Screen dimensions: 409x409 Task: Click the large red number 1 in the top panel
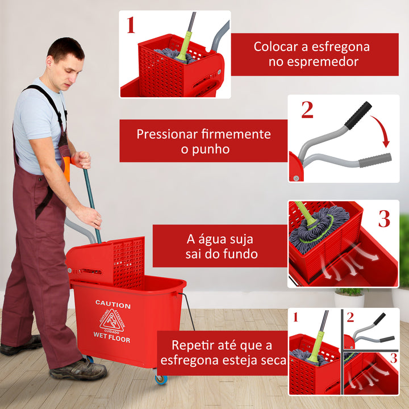131,25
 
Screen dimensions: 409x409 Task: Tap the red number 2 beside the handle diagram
307,110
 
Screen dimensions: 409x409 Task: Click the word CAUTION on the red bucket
112,305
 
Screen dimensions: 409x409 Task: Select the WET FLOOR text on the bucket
112,340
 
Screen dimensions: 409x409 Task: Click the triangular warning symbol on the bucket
112,322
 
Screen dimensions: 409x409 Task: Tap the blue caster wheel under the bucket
161,379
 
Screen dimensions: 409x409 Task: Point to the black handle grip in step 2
358,115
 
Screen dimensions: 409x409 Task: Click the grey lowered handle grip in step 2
374,160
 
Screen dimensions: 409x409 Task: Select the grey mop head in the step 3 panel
321,227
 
